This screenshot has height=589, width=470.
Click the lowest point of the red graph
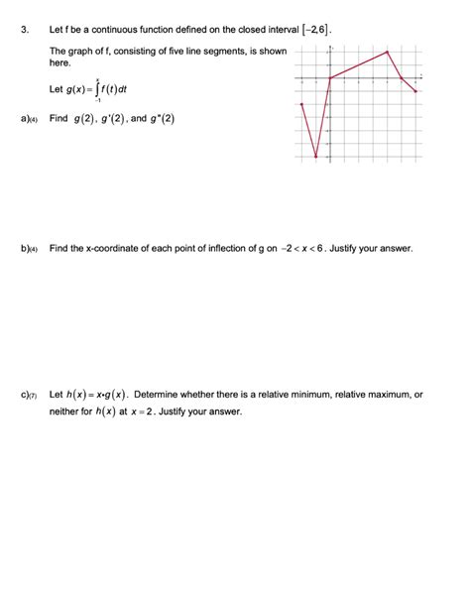click(316, 157)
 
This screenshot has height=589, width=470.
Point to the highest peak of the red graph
click(388, 53)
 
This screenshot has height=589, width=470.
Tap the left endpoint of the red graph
click(302, 104)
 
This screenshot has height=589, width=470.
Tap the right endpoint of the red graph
click(416, 91)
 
